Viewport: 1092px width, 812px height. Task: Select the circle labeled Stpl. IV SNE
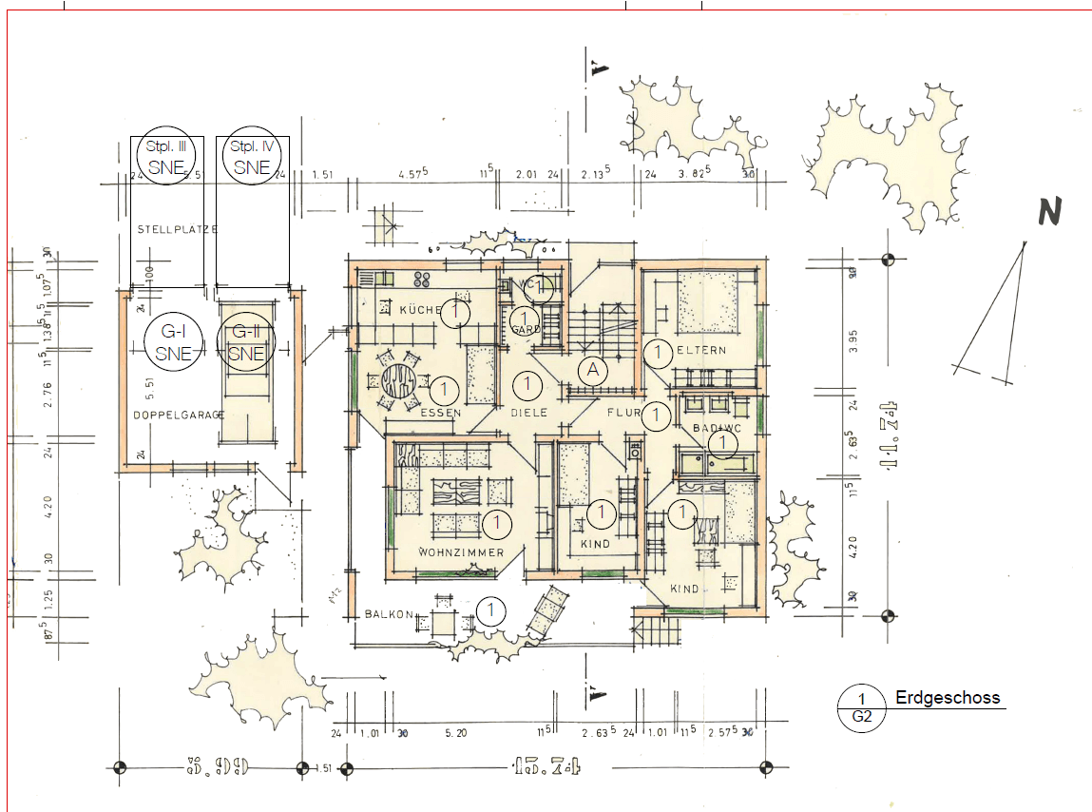[x=252, y=156]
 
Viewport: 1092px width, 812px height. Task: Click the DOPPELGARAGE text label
[x=179, y=416]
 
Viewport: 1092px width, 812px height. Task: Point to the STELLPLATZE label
[x=178, y=230]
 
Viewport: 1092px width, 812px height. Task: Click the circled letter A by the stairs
[x=594, y=370]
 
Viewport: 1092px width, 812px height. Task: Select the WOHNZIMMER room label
[x=461, y=552]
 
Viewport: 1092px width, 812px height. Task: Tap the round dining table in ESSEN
[x=400, y=382]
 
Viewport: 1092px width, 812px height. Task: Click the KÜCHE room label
[x=420, y=311]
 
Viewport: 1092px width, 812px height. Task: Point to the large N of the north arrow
[x=1049, y=213]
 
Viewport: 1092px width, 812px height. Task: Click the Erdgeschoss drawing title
[x=948, y=698]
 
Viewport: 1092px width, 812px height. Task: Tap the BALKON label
[x=388, y=615]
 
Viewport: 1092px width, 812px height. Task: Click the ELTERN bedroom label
[x=701, y=351]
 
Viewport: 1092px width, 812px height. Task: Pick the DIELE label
[x=528, y=413]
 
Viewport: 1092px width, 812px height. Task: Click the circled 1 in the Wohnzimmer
[x=496, y=523]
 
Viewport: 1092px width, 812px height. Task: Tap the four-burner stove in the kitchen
[x=423, y=279]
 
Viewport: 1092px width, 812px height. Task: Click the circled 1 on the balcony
[x=490, y=609]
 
